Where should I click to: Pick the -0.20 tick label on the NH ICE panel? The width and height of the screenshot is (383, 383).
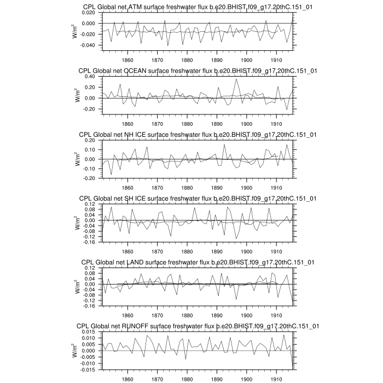point(89,178)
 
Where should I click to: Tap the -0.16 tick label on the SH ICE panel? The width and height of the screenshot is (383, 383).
point(89,242)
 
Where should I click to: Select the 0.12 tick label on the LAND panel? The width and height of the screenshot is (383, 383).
point(90,268)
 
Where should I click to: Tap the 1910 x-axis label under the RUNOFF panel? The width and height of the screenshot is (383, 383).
point(276,379)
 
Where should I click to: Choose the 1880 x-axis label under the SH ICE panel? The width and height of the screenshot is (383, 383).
point(187,251)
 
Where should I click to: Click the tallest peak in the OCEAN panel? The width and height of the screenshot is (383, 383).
point(236,79)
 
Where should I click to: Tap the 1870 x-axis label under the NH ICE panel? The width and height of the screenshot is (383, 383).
point(157,187)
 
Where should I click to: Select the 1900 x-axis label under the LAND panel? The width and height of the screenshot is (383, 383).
point(246,315)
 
